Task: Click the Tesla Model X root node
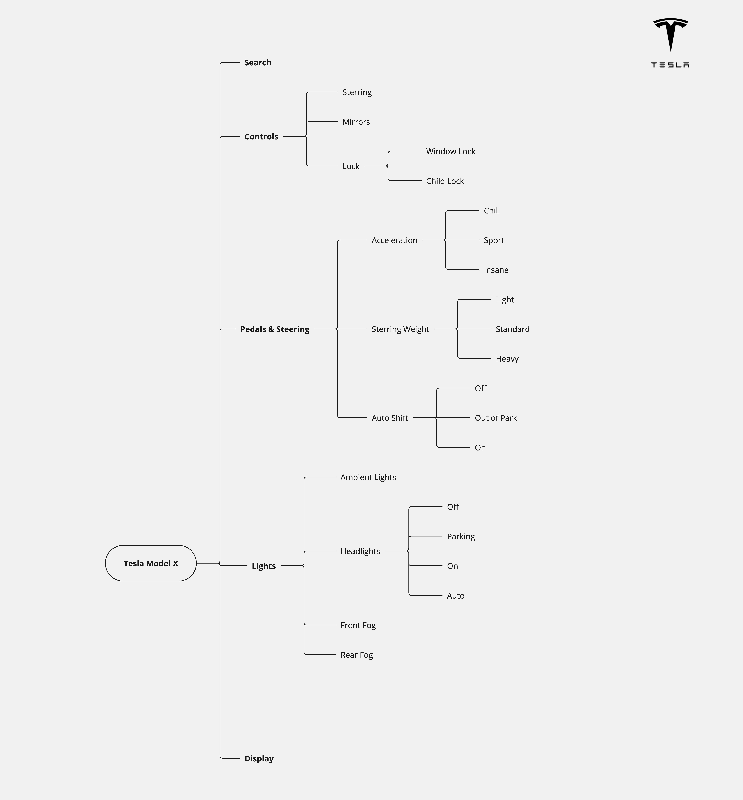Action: pos(151,563)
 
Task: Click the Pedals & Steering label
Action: pos(275,329)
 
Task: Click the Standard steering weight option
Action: pos(512,329)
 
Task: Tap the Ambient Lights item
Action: pos(368,477)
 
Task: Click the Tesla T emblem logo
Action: pos(670,34)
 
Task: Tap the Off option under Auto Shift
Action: pos(480,388)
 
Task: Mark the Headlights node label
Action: pos(360,551)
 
